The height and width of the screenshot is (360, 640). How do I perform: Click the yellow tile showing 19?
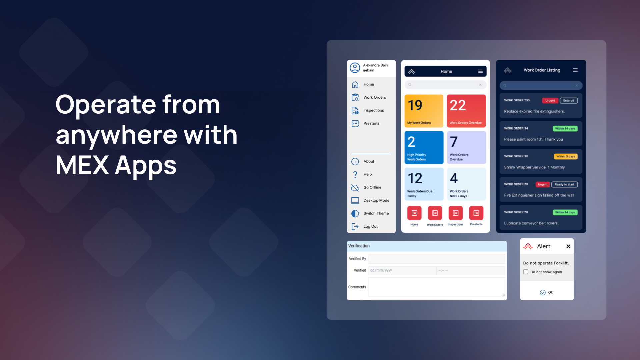point(424,111)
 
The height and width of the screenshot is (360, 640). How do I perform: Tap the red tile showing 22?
point(466,111)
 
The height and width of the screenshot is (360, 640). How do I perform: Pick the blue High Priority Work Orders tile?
point(424,147)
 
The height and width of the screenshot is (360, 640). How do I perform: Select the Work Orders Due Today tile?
point(424,184)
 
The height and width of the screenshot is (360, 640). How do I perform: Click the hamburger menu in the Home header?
point(480,71)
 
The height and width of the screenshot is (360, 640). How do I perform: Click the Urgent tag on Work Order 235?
point(550,101)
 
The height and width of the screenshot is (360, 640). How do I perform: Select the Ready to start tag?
point(564,185)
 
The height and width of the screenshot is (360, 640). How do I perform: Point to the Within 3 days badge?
point(566,157)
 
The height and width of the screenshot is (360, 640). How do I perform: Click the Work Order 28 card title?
point(516,212)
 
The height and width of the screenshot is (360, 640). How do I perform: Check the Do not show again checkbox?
point(526,272)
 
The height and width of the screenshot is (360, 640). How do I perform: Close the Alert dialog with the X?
point(568,246)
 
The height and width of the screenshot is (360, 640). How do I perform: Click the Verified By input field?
point(437,259)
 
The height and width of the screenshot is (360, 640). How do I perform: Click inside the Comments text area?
point(437,287)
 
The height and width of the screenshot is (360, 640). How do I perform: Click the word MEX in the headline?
point(82,165)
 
